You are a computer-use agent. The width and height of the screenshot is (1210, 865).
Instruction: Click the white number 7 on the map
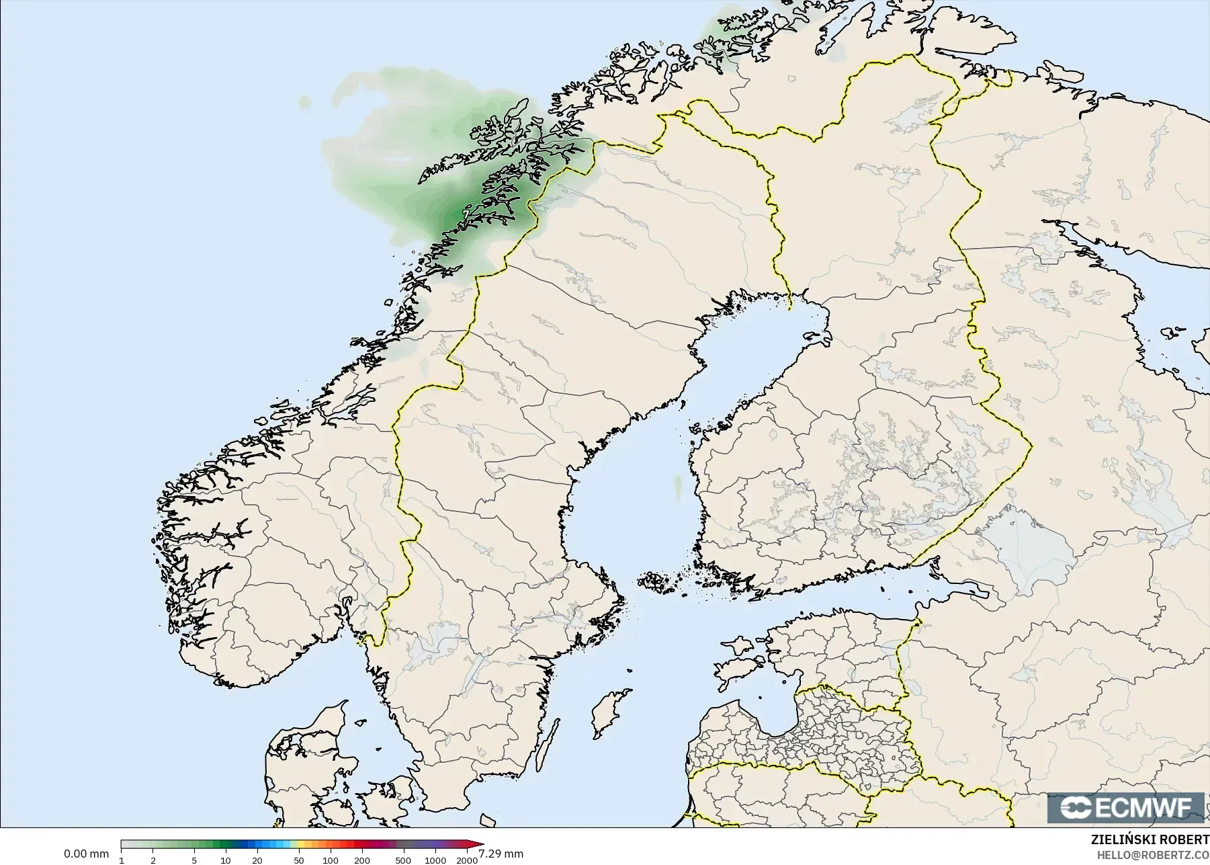[x=466, y=214]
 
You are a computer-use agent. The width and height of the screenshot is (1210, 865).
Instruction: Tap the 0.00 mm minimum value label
[x=86, y=854]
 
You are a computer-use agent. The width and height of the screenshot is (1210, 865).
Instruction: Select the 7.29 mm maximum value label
[x=501, y=854]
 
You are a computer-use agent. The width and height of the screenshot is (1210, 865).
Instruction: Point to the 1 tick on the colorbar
[x=122, y=860]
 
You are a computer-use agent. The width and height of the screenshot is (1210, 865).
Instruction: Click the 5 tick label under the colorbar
[x=194, y=860]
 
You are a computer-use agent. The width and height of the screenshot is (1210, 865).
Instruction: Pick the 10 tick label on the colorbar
[x=226, y=860]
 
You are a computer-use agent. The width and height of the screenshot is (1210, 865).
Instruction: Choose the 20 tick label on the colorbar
[x=257, y=860]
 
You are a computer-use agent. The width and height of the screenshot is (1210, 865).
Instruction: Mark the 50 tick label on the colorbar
[x=298, y=860]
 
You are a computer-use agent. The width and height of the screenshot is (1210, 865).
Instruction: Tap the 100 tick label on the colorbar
[x=330, y=860]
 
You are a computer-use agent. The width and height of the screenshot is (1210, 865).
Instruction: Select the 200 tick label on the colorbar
[x=361, y=860]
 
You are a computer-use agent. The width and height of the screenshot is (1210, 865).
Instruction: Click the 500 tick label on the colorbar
[x=403, y=860]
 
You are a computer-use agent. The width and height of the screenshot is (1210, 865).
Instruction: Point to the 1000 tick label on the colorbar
[x=435, y=860]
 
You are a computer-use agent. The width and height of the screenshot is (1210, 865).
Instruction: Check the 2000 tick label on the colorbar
[x=466, y=860]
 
